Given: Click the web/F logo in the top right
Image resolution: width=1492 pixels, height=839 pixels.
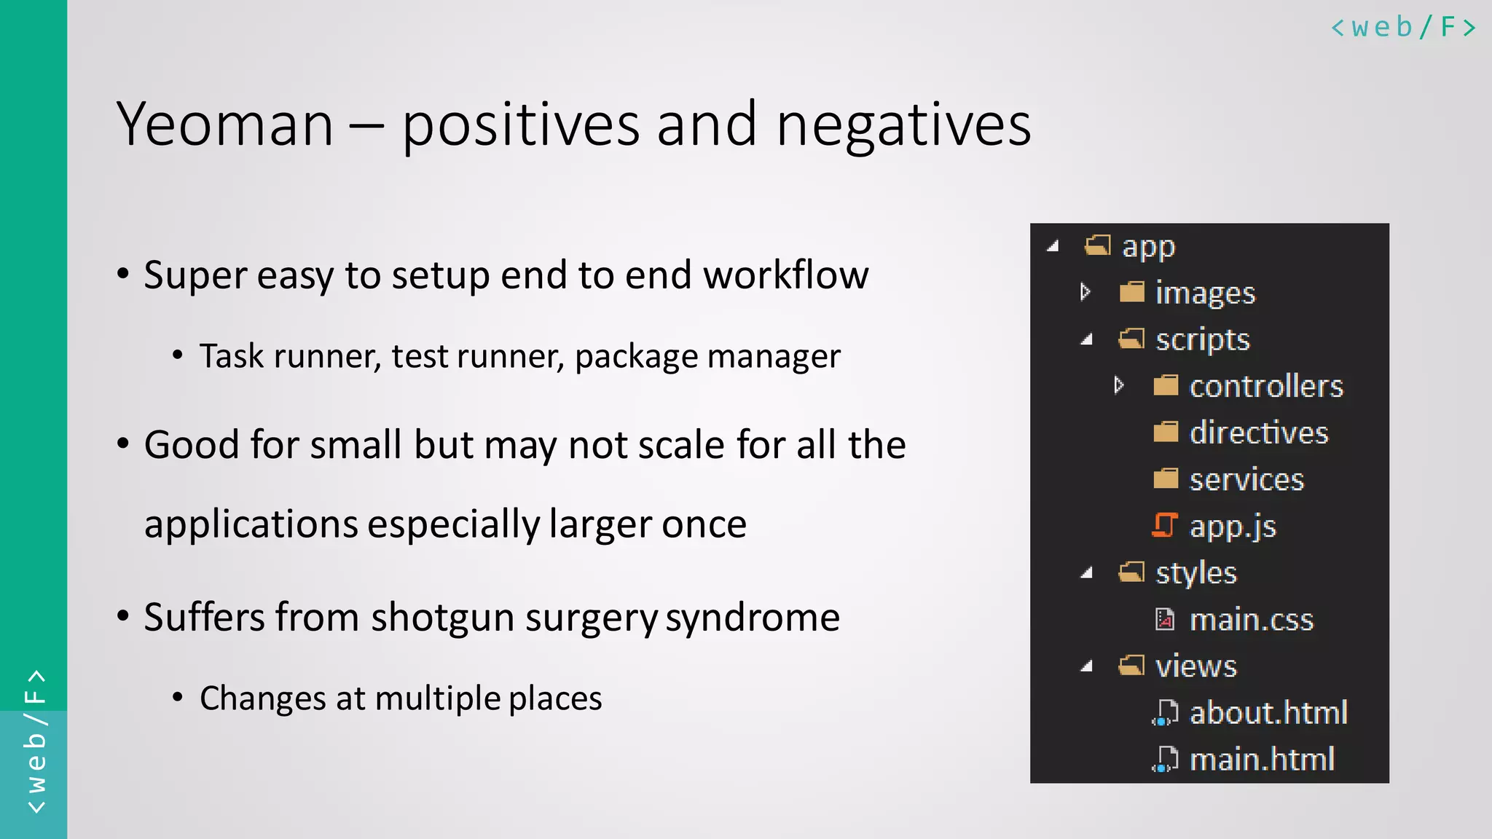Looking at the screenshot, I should coord(1403,28).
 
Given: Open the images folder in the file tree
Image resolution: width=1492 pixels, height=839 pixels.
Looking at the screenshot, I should coord(1205,293).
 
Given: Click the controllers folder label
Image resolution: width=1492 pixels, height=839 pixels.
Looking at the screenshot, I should coord(1265,386).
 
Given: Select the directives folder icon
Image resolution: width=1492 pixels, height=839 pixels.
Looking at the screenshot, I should coord(1166,433).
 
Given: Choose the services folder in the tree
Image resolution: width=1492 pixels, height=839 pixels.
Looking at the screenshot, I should coord(1246,479).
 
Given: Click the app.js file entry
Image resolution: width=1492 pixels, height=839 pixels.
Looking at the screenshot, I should coord(1232,526).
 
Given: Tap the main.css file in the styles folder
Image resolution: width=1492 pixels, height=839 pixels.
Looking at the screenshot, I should coord(1251,620).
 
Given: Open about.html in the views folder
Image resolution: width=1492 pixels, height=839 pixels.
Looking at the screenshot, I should coord(1268,713).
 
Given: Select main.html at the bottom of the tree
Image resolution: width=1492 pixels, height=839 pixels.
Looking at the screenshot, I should coord(1261,760).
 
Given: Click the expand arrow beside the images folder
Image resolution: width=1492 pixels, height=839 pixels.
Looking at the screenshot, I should coord(1085,292).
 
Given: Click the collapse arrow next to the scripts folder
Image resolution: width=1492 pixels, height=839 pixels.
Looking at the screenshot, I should coord(1086,339).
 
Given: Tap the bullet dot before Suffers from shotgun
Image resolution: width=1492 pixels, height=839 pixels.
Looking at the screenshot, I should coord(123,616).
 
